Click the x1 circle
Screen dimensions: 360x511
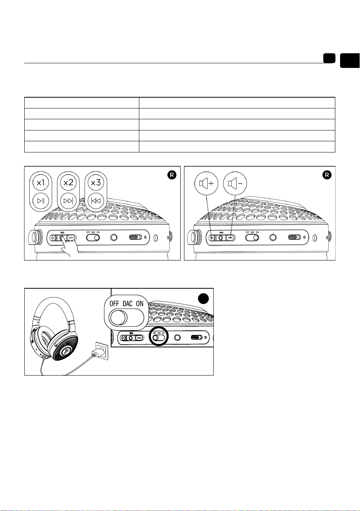(41, 183)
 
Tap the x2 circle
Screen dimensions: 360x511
(68, 183)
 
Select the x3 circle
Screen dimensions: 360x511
(96, 183)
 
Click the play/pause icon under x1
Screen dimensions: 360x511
(41, 201)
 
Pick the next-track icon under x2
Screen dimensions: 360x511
(68, 201)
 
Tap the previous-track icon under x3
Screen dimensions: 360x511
(96, 201)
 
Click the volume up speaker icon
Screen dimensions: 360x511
(206, 183)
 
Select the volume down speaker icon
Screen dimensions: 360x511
(235, 183)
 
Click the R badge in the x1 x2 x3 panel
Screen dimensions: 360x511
(172, 175)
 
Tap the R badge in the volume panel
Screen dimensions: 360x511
(327, 175)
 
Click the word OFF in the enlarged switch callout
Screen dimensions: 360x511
(114, 304)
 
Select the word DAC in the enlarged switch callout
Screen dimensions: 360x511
(128, 304)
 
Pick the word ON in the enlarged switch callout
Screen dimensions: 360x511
(140, 304)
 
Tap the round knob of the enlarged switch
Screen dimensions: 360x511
(118, 318)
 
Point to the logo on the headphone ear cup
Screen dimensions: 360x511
(67, 351)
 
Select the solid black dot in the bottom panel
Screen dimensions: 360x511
(203, 298)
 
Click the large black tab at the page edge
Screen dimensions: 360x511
(350, 61)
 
